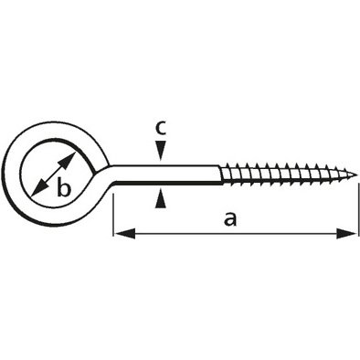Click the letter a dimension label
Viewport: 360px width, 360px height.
pos(230,220)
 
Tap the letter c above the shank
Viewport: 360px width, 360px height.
pos(161,128)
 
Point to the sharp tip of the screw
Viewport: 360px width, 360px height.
pos(356,175)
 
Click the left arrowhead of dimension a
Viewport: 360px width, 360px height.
pos(124,234)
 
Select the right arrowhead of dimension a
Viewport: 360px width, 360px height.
pos(346,234)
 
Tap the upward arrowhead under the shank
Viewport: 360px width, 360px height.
pos(161,198)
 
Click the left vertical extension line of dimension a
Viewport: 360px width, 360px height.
pos(113,214)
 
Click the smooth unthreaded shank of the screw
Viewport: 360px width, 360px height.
pos(167,175)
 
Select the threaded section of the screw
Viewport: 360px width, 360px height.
pos(288,175)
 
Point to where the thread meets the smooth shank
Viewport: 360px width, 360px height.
pos(220,175)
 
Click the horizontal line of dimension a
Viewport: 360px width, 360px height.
pos(235,234)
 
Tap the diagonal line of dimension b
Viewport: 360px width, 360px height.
pos(53,175)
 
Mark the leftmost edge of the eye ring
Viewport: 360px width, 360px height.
pos(5,175)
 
